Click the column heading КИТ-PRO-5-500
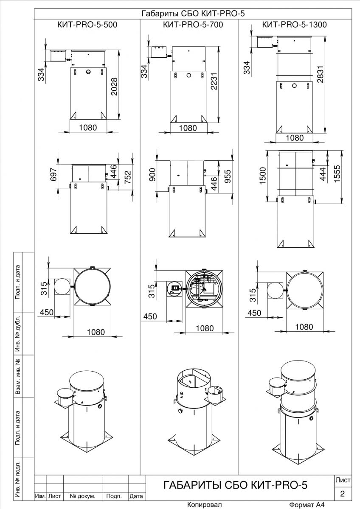coord(87,25)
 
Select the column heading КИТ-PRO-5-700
coord(193,25)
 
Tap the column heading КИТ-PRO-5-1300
coord(295,25)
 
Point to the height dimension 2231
coord(214,81)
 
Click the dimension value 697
coord(53,174)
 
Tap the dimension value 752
coord(128,177)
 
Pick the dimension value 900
coord(152,174)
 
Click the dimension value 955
coord(227,176)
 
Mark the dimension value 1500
coord(262,176)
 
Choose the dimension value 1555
coord(337,173)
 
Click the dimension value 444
coord(323,174)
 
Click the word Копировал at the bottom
coord(204,505)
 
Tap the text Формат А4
coord(307,505)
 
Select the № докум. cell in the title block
coord(82,496)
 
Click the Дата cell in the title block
coord(136,496)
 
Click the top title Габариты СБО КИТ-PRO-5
coord(193,14)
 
